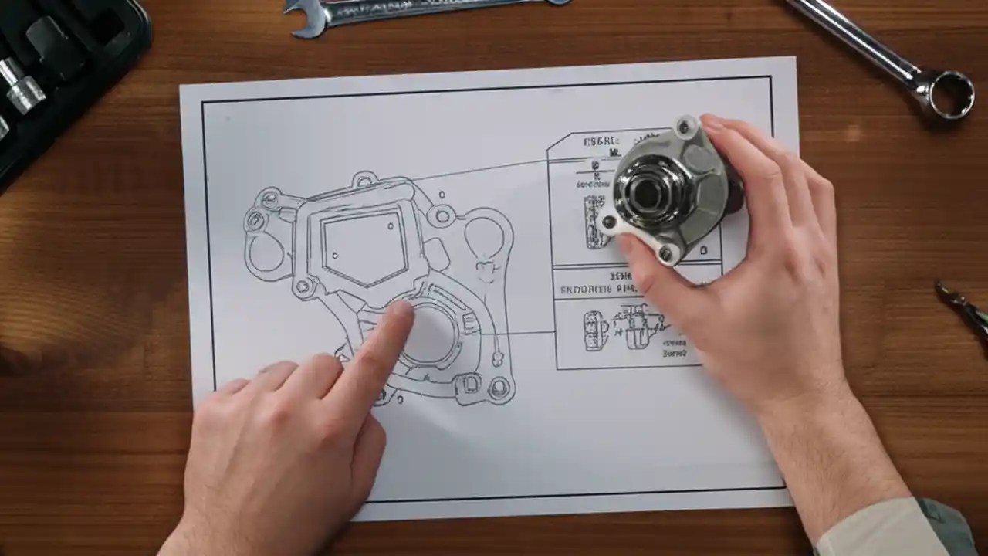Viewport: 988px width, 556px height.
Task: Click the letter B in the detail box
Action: pyautogui.click(x=703, y=250)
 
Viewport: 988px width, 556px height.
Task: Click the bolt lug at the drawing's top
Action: pyautogui.click(x=364, y=181)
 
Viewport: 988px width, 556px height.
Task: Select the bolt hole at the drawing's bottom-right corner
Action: pyautogui.click(x=499, y=389)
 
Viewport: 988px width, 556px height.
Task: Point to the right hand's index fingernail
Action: pyautogui.click(x=712, y=123)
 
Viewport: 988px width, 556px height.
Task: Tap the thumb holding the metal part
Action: pyautogui.click(x=641, y=263)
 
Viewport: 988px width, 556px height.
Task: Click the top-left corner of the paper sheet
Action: pyautogui.click(x=182, y=87)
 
